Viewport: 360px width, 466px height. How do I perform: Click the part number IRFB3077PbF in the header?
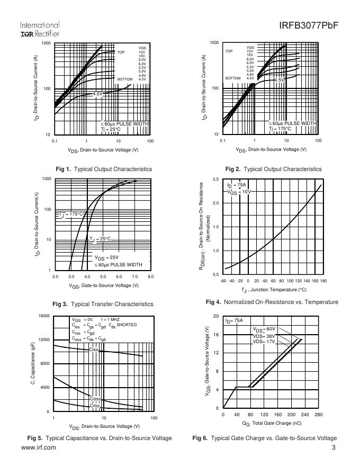click(308, 26)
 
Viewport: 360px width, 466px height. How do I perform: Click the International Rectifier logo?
click(40, 29)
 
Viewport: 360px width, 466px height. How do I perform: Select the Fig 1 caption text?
click(104, 169)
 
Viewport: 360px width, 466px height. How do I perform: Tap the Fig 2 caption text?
click(273, 169)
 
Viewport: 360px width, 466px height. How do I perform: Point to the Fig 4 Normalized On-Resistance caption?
click(272, 302)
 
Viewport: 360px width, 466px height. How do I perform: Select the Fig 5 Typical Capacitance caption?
click(100, 438)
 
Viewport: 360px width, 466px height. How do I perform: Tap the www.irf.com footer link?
click(38, 448)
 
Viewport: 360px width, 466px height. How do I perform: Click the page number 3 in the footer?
click(334, 448)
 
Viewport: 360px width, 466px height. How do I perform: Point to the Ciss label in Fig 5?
click(94, 349)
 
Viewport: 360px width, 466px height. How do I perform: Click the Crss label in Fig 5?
click(95, 405)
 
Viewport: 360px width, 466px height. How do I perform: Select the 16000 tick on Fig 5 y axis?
click(43, 316)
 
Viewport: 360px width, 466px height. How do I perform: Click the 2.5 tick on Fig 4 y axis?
click(215, 180)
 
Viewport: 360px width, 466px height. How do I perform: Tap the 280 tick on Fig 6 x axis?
click(318, 415)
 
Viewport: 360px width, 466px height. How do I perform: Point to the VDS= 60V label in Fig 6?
click(264, 329)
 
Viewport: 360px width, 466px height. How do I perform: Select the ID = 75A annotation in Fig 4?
click(236, 185)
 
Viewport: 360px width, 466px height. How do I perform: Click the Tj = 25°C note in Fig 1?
click(111, 129)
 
